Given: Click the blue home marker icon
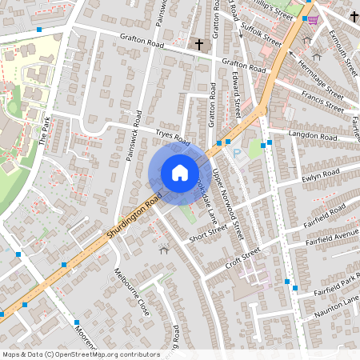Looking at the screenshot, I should [180, 172].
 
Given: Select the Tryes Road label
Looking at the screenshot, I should [174, 138].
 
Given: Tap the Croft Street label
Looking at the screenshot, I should [243, 257].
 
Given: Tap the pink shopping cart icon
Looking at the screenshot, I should [312, 19].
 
